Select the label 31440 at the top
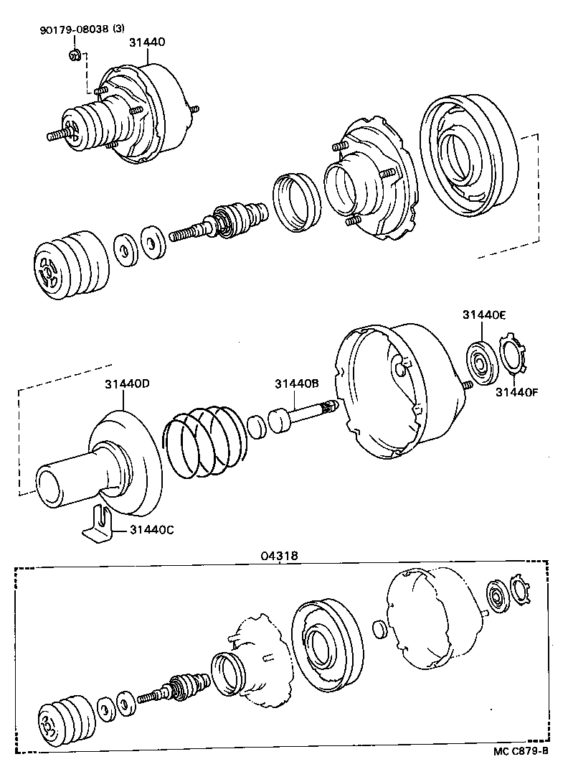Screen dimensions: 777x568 (147, 42)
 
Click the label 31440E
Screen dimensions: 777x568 (483, 315)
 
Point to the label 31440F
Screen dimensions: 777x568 (515, 391)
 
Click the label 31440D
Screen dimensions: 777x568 (127, 383)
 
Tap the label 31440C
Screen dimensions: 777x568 (152, 530)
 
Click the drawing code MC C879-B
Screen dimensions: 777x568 (520, 751)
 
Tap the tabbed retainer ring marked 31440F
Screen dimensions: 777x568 (513, 355)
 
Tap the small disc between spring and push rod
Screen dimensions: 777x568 (256, 427)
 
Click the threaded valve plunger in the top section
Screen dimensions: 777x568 (218, 222)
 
